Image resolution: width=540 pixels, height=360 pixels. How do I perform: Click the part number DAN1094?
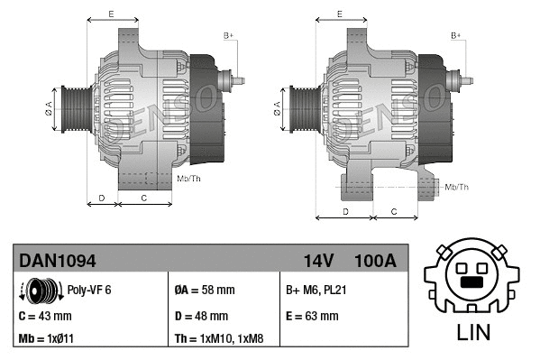[x=58, y=261]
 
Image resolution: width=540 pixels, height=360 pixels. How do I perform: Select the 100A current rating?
[x=376, y=261]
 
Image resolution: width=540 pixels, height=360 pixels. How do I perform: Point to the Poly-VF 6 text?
[x=89, y=291]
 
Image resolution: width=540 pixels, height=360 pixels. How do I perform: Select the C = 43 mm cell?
[x=45, y=316]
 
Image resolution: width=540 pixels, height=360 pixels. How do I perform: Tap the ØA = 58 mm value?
[x=204, y=291]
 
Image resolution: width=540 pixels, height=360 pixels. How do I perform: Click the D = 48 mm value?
[x=201, y=316]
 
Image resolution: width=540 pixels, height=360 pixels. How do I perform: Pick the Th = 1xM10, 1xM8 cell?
[x=220, y=340]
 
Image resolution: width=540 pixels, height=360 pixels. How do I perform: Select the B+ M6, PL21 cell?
[x=317, y=291]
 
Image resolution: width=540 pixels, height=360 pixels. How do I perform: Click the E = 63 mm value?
[x=312, y=316]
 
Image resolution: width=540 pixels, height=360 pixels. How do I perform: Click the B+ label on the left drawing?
[x=228, y=34]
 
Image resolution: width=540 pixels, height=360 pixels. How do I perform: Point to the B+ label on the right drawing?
[x=456, y=34]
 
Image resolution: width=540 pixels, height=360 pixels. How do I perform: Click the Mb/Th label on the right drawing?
[x=457, y=187]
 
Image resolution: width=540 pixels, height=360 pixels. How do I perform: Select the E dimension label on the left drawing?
[x=110, y=14]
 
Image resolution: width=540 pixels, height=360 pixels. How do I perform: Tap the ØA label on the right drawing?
[x=276, y=107]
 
